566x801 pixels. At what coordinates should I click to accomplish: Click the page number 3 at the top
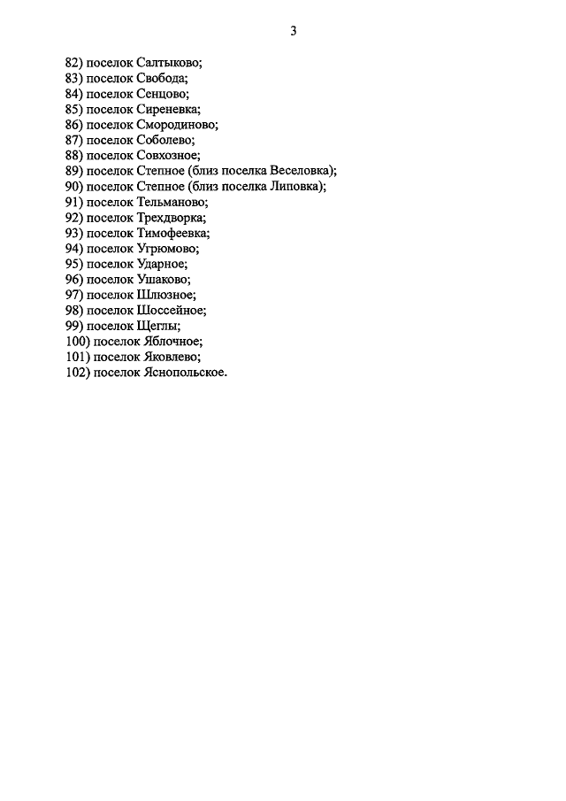[294, 32]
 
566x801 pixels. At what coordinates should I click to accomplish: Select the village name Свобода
[162, 79]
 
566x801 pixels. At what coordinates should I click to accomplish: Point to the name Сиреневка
[168, 110]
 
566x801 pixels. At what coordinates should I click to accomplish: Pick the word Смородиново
[177, 125]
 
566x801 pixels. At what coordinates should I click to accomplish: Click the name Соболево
[165, 140]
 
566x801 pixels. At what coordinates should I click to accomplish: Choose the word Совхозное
[168, 156]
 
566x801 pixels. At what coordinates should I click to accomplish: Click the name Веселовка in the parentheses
[303, 171]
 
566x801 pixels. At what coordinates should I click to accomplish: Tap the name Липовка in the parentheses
[297, 187]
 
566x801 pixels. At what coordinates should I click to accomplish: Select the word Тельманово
[172, 202]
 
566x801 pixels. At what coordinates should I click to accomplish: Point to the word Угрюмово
[167, 249]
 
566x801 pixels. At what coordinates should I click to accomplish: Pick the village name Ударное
[163, 264]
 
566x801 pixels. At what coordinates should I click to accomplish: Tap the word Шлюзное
[166, 295]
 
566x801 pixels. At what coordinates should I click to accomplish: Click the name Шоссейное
[172, 311]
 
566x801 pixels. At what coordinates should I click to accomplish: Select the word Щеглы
[158, 326]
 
